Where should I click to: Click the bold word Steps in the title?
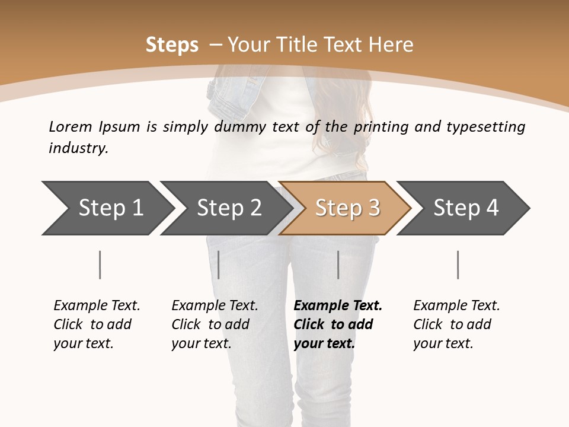pos(172,45)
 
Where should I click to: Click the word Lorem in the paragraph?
pos(70,126)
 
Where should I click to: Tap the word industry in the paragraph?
pos(78,148)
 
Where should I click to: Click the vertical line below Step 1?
pos(100,265)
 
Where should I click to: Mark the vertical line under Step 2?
pos(219,265)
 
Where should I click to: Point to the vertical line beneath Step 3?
pos(338,265)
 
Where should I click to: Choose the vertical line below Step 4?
pos(458,265)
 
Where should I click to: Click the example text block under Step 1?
pos(97,324)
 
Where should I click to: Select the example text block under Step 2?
pos(215,324)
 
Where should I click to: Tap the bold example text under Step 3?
pos(338,324)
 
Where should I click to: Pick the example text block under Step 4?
pos(456,324)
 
